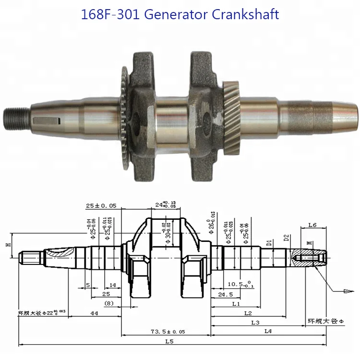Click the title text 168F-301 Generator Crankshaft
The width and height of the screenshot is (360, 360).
click(x=180, y=14)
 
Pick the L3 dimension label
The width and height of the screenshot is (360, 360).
click(x=255, y=323)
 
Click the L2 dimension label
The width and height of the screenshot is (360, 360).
click(x=248, y=313)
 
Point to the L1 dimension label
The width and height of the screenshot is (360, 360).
click(x=236, y=304)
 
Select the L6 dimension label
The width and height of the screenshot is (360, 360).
click(x=312, y=225)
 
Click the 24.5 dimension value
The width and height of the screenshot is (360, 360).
click(x=225, y=294)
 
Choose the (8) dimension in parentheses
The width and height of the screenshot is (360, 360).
click(x=109, y=303)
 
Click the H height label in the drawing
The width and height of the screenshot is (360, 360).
click(x=8, y=245)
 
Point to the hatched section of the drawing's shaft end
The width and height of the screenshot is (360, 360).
click(x=307, y=260)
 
